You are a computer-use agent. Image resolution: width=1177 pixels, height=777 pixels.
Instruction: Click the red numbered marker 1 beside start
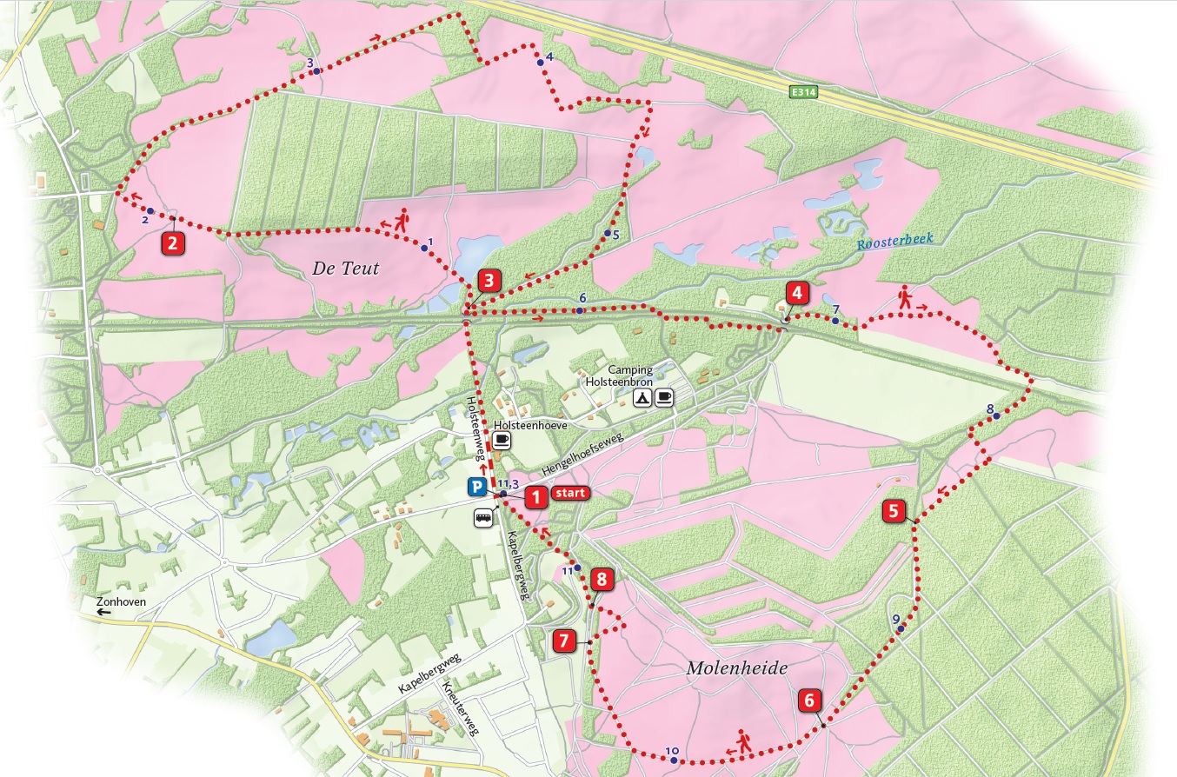coord(535,496)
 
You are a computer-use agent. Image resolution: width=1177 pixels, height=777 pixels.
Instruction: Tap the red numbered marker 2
coord(174,242)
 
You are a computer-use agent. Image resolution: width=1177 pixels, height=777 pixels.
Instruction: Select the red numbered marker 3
coord(490,281)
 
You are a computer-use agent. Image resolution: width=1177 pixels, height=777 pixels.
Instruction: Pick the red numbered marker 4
coord(797,292)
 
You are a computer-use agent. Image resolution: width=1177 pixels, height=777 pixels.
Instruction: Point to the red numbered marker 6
coord(809,701)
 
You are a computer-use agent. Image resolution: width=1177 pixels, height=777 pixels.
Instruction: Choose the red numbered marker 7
coord(564,641)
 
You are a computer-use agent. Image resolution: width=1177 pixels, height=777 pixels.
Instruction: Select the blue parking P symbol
coord(477,488)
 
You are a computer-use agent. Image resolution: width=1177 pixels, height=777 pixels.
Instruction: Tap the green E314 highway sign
coord(804,90)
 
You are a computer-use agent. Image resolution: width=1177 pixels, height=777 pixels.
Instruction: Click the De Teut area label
coord(345,269)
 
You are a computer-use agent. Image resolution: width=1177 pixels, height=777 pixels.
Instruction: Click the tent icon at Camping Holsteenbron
coord(642,398)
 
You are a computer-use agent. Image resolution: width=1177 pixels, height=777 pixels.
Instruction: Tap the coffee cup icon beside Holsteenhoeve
coord(502,441)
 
